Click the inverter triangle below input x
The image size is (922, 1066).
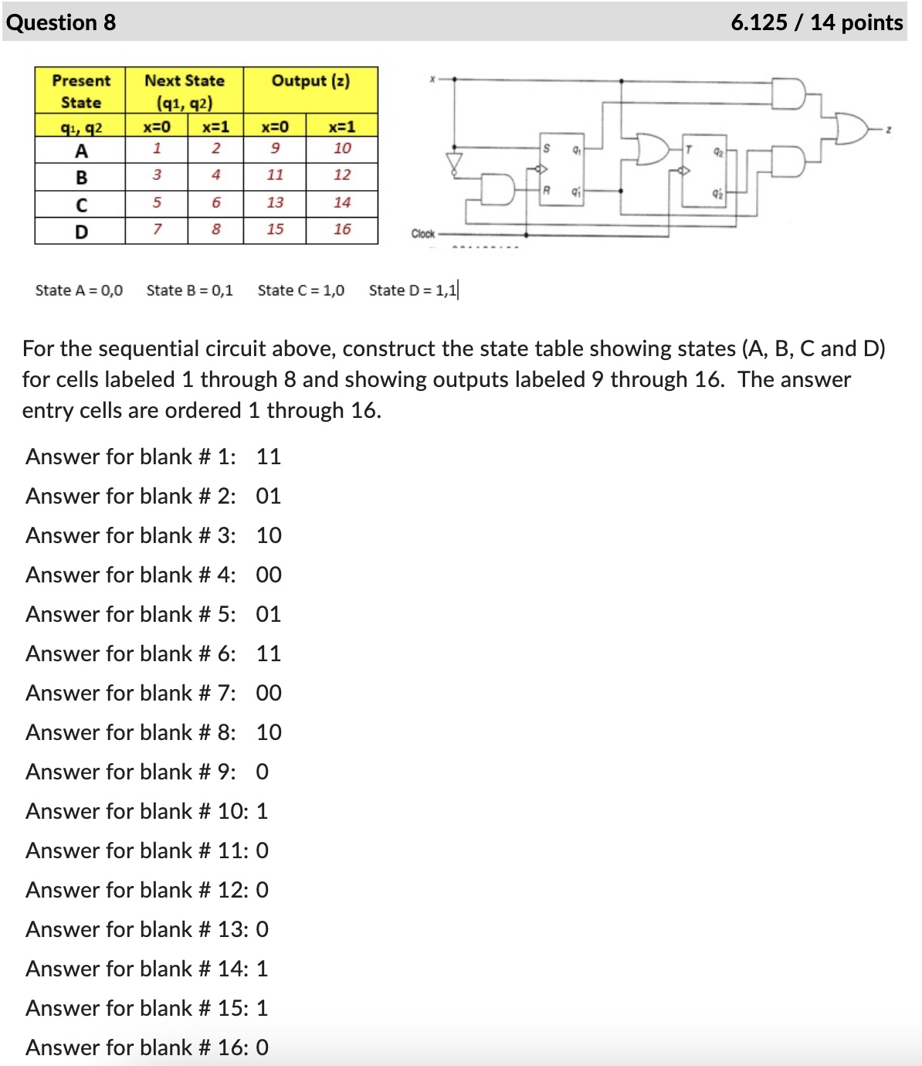[454, 161]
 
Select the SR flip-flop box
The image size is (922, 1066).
[561, 168]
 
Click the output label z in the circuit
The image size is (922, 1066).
[889, 131]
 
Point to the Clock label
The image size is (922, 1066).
[422, 233]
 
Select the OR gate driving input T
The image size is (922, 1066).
[651, 148]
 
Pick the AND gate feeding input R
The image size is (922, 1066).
[498, 189]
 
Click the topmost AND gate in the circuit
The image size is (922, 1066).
[789, 93]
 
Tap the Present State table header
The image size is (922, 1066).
[81, 91]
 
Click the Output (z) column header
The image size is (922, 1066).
[310, 81]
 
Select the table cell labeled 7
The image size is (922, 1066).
[157, 229]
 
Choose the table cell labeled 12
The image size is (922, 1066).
[342, 175]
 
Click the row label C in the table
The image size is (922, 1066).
[81, 205]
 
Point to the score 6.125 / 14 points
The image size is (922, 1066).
[816, 22]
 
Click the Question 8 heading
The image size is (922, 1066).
[61, 22]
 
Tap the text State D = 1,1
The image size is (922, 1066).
[412, 290]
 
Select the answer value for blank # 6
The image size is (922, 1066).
[269, 654]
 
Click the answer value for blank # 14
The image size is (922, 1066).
[263, 969]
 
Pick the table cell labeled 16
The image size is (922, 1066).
[342, 229]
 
